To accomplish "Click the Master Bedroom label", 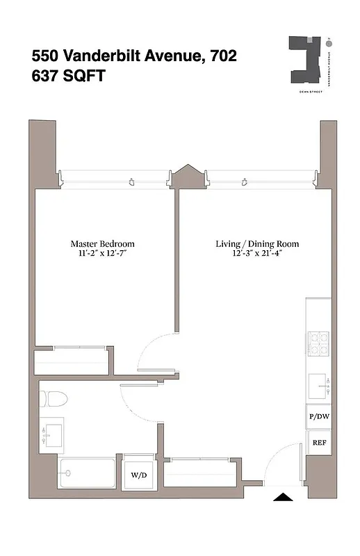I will point(102,244).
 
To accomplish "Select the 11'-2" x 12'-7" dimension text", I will point(102,254).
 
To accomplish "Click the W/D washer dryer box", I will point(139,475).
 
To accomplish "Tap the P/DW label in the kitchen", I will point(319,417).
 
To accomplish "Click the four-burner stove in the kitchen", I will point(318,343).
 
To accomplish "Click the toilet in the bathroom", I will point(54,400).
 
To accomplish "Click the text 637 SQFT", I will point(68,76).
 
